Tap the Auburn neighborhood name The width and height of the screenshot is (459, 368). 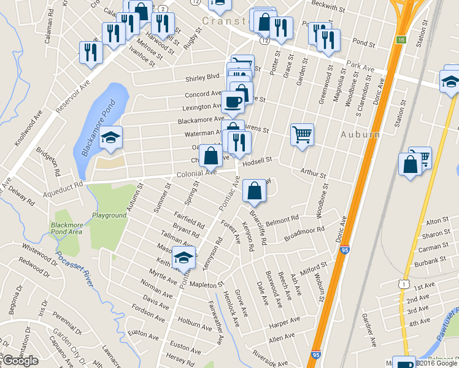pyautogui.click(x=357, y=134)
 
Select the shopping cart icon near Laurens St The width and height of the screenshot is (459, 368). pyautogui.click(x=302, y=134)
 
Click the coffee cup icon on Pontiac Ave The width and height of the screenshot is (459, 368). pyautogui.click(x=233, y=101)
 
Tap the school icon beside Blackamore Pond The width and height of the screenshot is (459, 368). pyautogui.click(x=111, y=137)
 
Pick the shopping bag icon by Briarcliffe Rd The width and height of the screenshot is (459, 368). pyautogui.click(x=254, y=191)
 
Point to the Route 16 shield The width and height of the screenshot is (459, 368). pyautogui.click(x=401, y=40)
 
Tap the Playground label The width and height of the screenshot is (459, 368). pyautogui.click(x=109, y=215)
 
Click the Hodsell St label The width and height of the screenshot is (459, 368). pyautogui.click(x=256, y=160)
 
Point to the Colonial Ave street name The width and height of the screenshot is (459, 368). pyautogui.click(x=198, y=174)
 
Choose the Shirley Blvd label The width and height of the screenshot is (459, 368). pyautogui.click(x=202, y=77)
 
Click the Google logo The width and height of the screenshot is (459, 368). pyautogui.click(x=20, y=361)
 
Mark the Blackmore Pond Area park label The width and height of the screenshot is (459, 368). pyautogui.click(x=66, y=228)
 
